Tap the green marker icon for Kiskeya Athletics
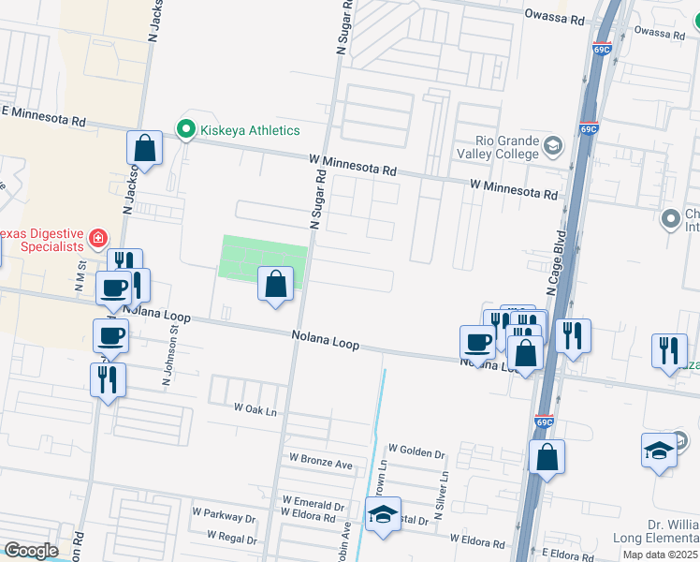[185, 130]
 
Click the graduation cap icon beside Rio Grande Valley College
[552, 145]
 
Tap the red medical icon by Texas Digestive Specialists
[97, 241]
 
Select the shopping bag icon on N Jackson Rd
[145, 147]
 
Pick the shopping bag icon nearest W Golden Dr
[547, 458]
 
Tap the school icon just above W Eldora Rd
[383, 514]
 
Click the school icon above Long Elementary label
[659, 451]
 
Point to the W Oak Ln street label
[256, 410]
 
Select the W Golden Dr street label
[416, 452]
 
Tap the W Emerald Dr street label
[312, 503]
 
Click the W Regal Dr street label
[231, 537]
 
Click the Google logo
[31, 551]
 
